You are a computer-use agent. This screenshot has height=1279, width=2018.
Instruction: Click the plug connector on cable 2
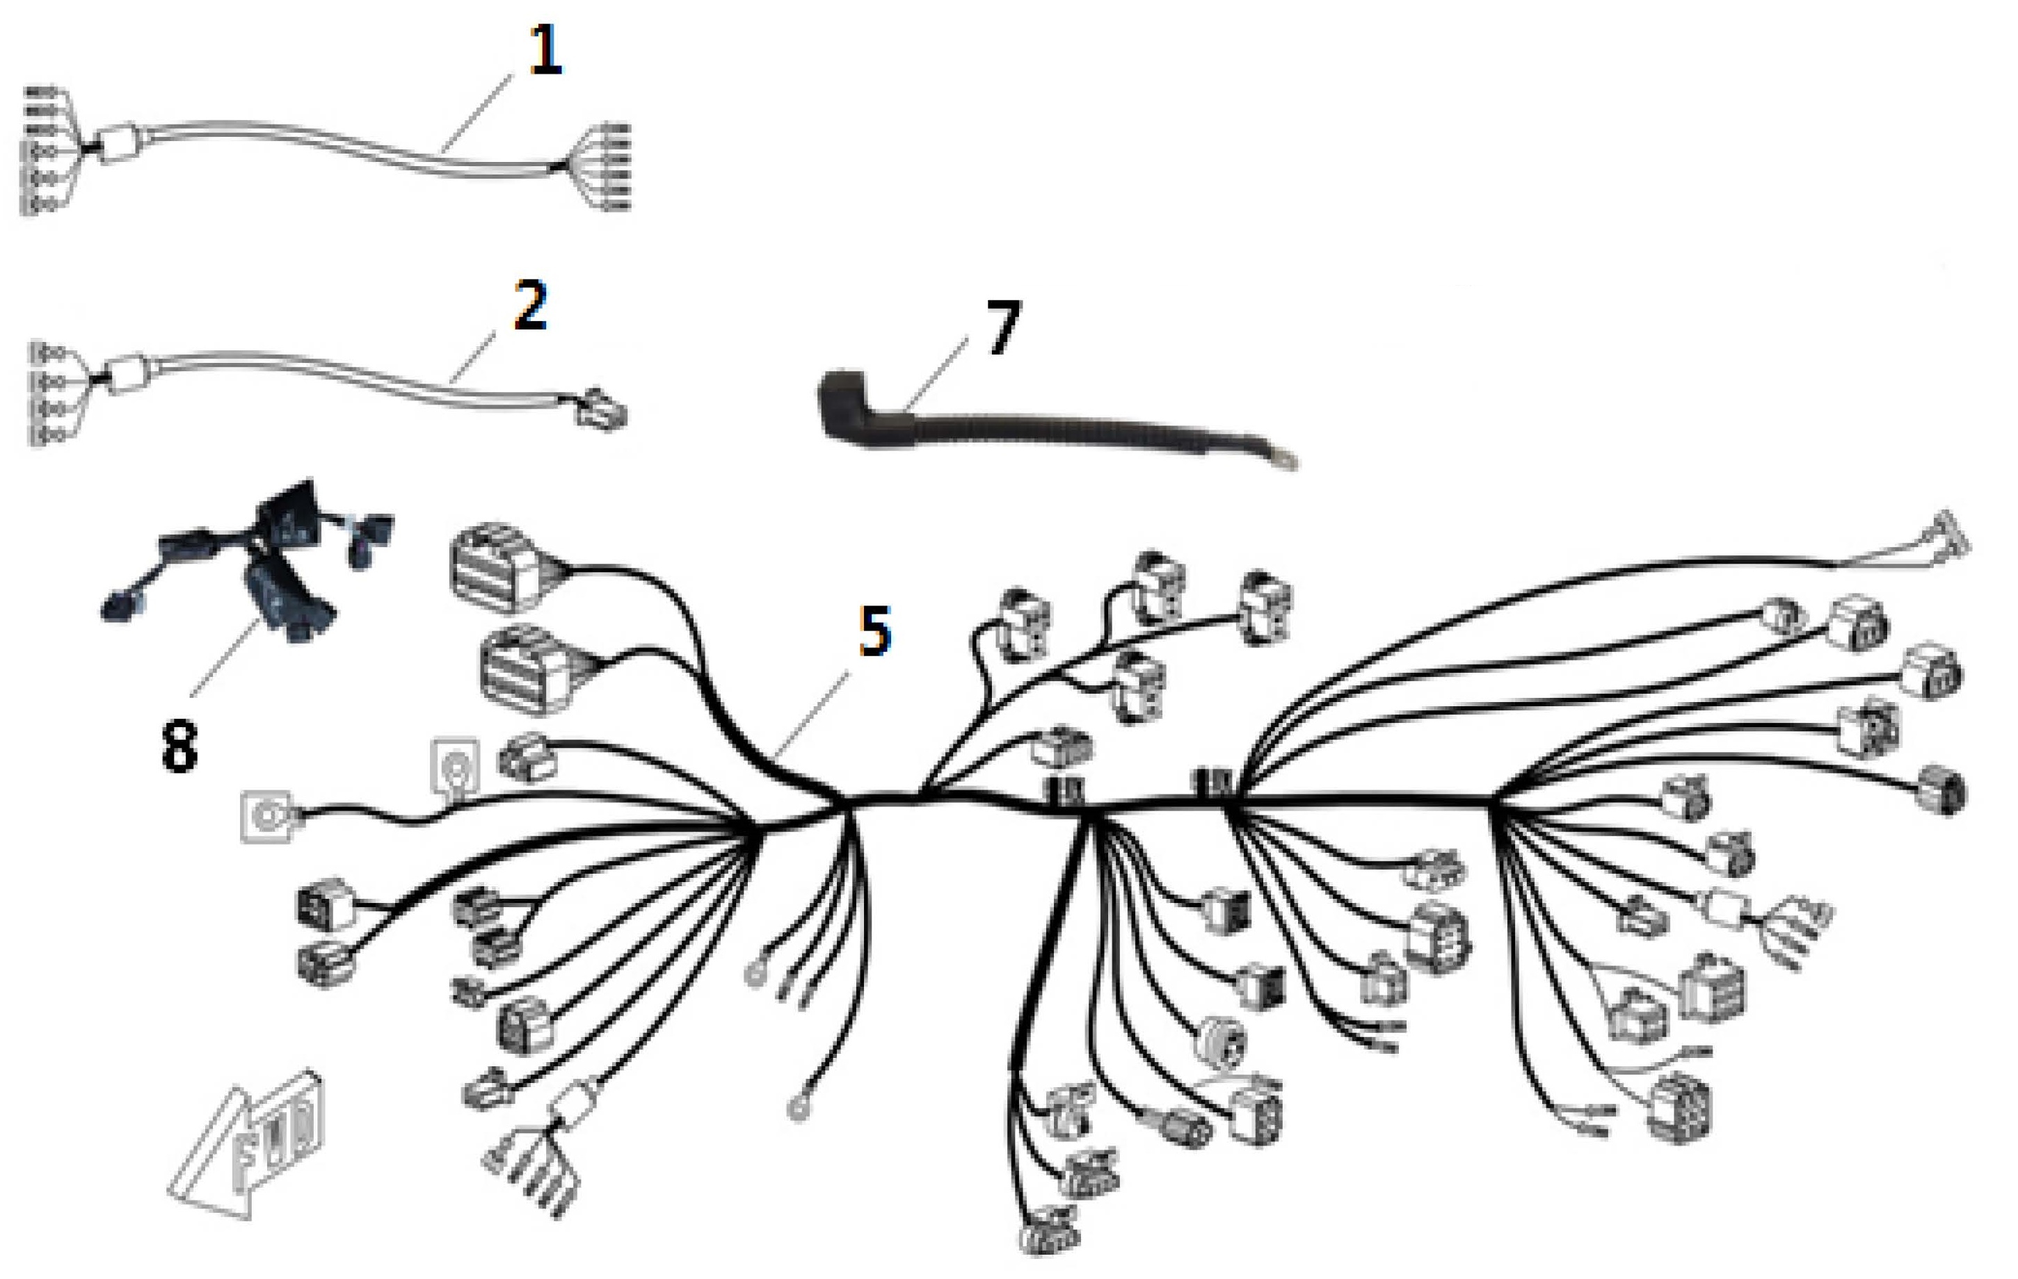click(x=600, y=409)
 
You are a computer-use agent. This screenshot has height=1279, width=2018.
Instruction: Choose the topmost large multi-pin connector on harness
click(x=495, y=569)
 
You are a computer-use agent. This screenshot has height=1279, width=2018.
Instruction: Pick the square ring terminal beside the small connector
click(x=455, y=765)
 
